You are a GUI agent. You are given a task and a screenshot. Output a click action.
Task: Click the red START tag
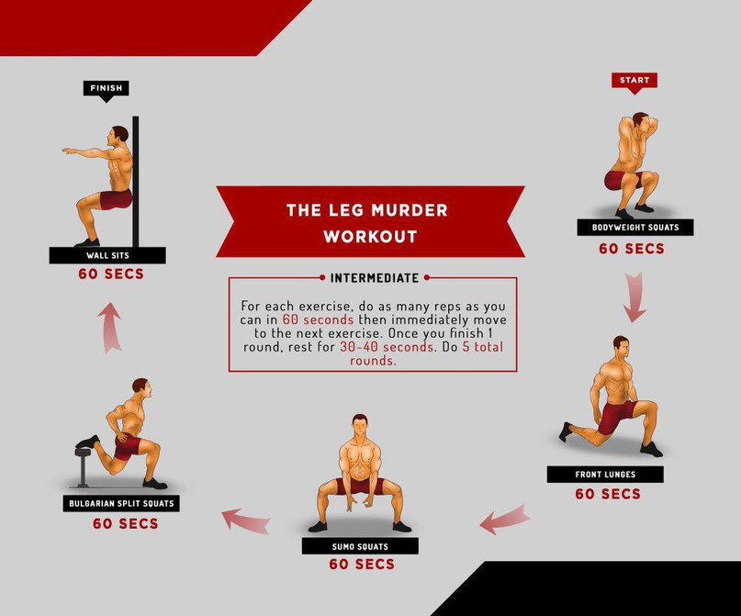(634, 82)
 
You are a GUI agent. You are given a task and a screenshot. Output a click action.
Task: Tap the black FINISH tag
(107, 89)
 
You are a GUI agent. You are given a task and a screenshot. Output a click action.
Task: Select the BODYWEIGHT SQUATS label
(635, 228)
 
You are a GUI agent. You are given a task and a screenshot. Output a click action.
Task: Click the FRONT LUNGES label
(605, 475)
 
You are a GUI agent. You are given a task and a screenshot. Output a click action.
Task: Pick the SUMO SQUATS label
(360, 546)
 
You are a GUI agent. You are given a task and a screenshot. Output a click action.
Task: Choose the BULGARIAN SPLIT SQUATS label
(121, 503)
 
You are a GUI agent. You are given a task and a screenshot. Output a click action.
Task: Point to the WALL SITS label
(107, 255)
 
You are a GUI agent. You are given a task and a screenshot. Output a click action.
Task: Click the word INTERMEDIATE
(375, 278)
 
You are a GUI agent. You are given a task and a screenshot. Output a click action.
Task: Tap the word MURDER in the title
(410, 209)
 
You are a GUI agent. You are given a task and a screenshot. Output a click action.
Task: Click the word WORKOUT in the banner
(371, 236)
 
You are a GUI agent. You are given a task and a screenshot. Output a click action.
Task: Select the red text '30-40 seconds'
(386, 347)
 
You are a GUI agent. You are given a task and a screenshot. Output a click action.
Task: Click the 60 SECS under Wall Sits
(111, 274)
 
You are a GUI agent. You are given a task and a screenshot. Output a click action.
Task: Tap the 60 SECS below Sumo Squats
(362, 564)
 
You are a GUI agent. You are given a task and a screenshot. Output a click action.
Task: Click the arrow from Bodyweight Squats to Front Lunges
(634, 297)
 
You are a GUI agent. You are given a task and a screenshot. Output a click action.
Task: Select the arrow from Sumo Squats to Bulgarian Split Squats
(246, 521)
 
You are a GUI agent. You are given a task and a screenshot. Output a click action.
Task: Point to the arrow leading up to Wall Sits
(110, 328)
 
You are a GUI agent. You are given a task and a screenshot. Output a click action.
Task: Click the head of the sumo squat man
(360, 426)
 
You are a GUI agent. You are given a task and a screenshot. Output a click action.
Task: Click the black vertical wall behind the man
(136, 182)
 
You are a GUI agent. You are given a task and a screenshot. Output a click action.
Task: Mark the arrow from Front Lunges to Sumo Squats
(504, 520)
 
